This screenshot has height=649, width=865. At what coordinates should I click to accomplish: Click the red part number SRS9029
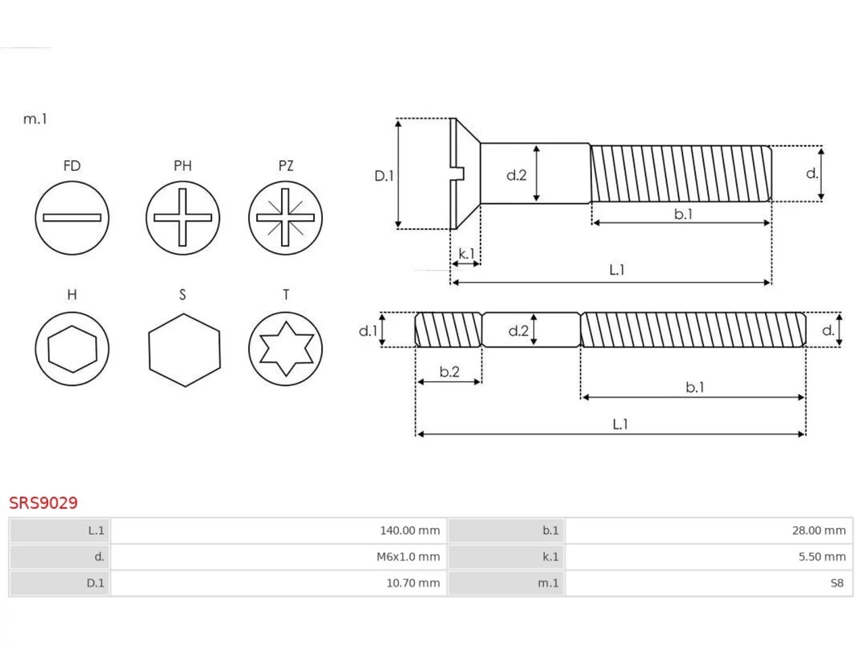(43, 503)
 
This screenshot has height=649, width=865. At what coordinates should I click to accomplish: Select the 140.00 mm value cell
(410, 531)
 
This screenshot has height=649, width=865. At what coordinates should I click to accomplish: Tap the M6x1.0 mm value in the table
(408, 557)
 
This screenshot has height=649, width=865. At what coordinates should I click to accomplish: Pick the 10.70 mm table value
(413, 583)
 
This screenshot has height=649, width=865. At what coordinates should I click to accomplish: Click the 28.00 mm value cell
(819, 531)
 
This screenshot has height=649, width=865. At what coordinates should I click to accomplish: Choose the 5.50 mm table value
(822, 557)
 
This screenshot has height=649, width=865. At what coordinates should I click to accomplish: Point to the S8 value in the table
(837, 583)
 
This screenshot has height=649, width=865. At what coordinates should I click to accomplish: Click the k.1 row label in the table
(551, 557)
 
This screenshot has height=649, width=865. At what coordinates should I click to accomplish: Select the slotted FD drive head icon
(72, 218)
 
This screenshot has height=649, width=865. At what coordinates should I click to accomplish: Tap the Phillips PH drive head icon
(182, 218)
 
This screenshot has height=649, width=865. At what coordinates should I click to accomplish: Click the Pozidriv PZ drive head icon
(286, 218)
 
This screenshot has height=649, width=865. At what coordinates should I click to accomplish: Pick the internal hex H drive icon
(72, 349)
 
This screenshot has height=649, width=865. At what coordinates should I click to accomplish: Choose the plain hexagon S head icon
(184, 350)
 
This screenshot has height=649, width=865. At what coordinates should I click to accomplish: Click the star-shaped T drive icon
(286, 349)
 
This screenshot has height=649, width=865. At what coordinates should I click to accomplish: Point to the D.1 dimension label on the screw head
(384, 176)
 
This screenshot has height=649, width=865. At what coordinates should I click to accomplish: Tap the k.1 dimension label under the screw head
(466, 254)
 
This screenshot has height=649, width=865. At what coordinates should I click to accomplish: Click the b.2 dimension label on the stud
(449, 372)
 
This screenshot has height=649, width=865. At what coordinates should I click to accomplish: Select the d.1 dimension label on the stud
(368, 331)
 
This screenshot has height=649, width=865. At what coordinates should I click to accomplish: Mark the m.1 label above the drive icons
(35, 119)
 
